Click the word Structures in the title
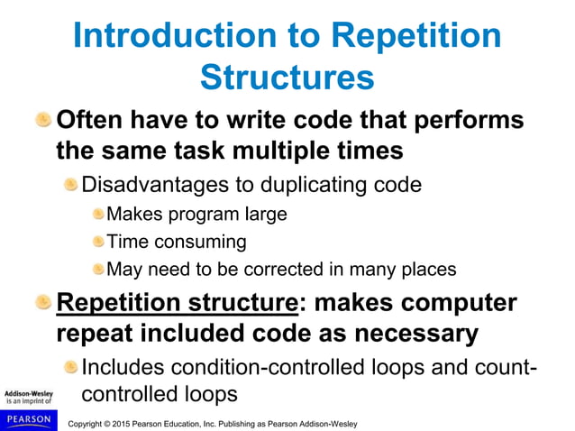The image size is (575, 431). (x=287, y=77)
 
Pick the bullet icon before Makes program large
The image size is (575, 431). (x=97, y=214)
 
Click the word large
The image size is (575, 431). (x=263, y=215)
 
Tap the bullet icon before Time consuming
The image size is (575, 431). (x=97, y=241)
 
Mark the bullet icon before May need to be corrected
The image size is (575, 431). (x=97, y=268)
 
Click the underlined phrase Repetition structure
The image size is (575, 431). (x=176, y=302)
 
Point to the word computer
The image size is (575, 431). (x=462, y=302)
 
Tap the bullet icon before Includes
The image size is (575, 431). (x=70, y=367)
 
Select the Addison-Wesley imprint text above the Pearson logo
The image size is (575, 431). (x=28, y=399)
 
